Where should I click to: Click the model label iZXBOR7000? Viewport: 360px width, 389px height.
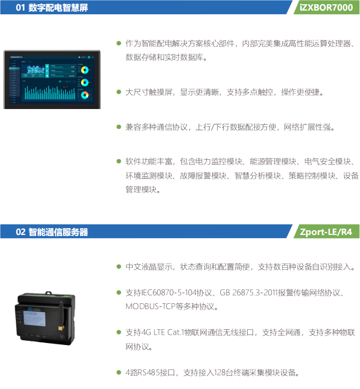coord(326,7)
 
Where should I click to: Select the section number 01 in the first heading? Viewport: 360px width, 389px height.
coord(20,7)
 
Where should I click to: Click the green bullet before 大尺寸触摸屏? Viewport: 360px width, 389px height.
coord(119,92)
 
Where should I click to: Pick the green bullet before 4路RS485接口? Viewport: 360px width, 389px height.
coord(119,372)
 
